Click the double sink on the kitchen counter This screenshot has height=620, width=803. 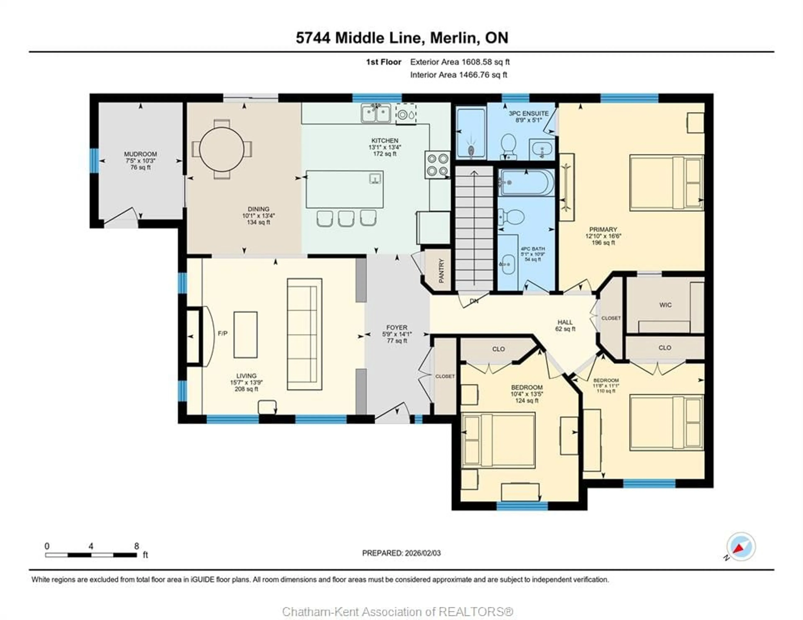(376, 113)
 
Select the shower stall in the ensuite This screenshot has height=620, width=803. (471, 133)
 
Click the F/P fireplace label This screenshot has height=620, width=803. (222, 333)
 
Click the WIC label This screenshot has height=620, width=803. (665, 305)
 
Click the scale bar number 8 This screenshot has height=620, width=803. (136, 546)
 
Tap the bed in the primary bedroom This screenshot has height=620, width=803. (666, 183)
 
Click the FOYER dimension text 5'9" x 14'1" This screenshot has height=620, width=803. (397, 334)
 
